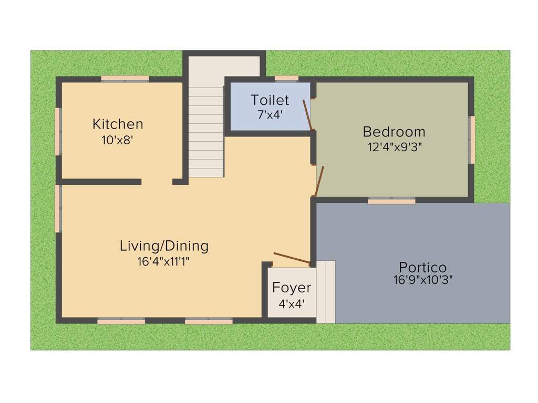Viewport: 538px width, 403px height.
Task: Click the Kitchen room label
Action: click(118, 124)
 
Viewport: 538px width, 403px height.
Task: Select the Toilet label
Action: click(270, 100)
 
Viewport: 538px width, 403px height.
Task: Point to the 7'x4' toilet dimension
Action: click(270, 115)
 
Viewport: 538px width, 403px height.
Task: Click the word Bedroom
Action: click(394, 132)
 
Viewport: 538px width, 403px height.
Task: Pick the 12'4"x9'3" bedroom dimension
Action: click(394, 147)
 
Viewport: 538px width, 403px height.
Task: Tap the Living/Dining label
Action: click(164, 246)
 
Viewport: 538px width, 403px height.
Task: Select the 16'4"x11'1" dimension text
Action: click(163, 262)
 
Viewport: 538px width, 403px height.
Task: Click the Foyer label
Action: click(292, 288)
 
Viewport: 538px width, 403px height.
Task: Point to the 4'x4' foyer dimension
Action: click(292, 304)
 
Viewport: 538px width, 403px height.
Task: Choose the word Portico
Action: click(423, 267)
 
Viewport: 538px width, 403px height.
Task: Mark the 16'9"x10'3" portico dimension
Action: click(423, 280)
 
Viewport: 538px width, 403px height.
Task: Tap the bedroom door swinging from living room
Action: click(319, 181)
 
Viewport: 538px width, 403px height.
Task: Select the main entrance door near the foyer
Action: click(292, 258)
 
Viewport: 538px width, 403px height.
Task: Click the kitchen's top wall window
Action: click(125, 79)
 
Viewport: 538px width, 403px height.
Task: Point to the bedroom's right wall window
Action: click(472, 140)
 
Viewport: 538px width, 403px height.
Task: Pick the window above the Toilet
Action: click(286, 79)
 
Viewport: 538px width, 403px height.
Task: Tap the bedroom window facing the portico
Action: click(391, 200)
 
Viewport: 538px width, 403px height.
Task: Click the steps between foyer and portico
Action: click(326, 292)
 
